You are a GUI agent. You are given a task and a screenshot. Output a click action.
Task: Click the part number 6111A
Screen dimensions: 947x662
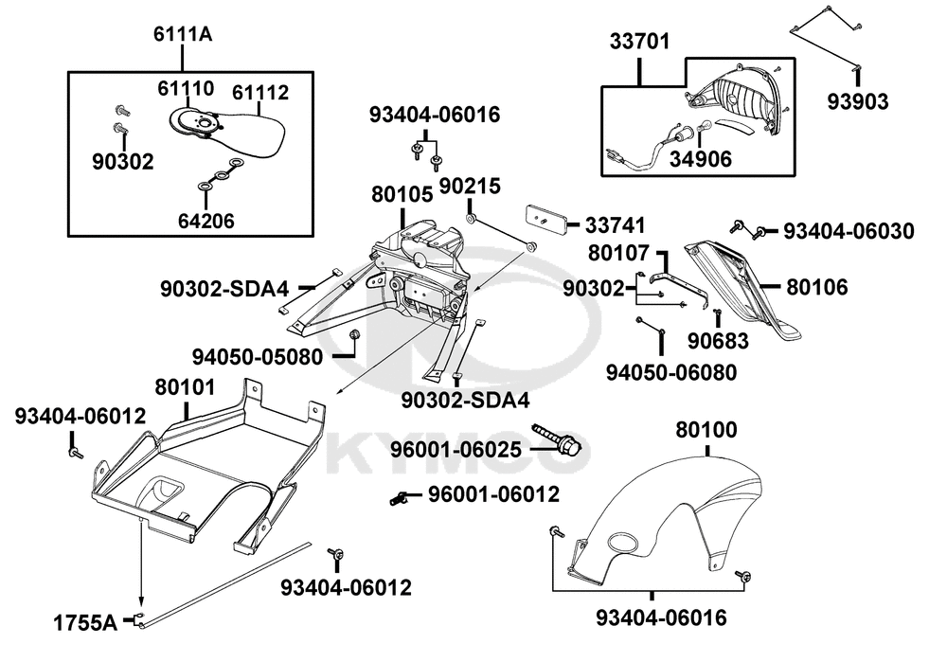pyautogui.click(x=183, y=34)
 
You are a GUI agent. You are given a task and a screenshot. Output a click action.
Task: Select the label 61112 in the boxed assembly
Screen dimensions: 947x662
pyautogui.click(x=260, y=93)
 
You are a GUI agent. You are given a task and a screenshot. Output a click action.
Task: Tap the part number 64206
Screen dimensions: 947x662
pyautogui.click(x=205, y=221)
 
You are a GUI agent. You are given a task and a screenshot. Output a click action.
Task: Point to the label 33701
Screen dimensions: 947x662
pyautogui.click(x=639, y=42)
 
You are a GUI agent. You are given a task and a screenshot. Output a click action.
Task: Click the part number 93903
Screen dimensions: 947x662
pyautogui.click(x=858, y=101)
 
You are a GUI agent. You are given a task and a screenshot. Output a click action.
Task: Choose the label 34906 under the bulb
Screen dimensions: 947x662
pyautogui.click(x=700, y=159)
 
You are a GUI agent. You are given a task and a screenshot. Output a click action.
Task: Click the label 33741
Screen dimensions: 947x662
pyautogui.click(x=615, y=225)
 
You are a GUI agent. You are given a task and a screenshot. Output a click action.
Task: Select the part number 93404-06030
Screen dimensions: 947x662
pyautogui.click(x=849, y=231)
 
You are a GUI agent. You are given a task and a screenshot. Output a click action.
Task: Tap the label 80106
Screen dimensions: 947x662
pyautogui.click(x=816, y=287)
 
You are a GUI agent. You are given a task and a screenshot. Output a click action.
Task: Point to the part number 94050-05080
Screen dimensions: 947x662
pyautogui.click(x=258, y=357)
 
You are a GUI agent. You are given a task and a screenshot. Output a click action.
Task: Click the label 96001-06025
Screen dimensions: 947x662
pyautogui.click(x=456, y=450)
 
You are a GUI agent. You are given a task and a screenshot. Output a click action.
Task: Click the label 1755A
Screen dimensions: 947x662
pyautogui.click(x=85, y=623)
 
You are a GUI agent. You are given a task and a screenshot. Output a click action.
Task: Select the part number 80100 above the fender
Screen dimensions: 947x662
pyautogui.click(x=706, y=430)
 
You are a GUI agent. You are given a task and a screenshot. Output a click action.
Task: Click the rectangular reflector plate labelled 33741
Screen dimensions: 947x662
pyautogui.click(x=546, y=218)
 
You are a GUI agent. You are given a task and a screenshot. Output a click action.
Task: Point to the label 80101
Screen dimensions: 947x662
pyautogui.click(x=185, y=387)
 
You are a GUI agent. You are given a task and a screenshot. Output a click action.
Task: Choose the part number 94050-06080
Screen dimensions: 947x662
pyautogui.click(x=671, y=372)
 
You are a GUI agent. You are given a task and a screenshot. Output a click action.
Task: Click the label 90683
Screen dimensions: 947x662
pyautogui.click(x=718, y=341)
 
